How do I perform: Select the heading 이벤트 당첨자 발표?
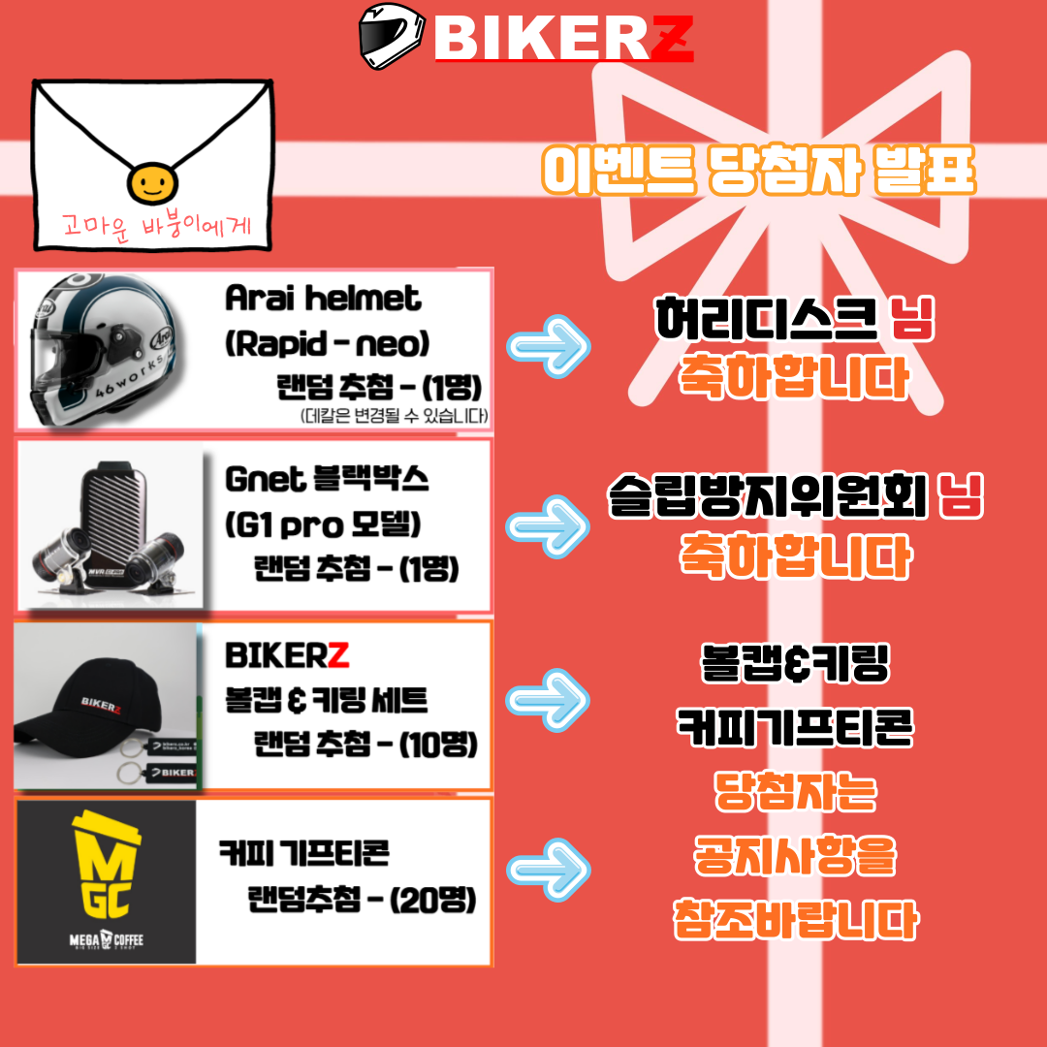[758, 172]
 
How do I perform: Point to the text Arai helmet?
[323, 299]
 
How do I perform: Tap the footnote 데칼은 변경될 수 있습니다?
[394, 416]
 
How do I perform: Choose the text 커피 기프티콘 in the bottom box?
[303, 853]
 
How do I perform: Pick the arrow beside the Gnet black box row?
[548, 524]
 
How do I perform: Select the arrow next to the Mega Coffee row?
[548, 870]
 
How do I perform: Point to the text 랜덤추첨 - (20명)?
[361, 901]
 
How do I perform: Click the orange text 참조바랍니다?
[795, 918]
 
